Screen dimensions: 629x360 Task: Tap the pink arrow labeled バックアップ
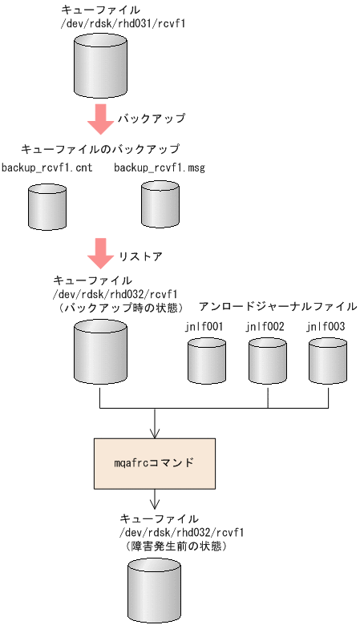click(100, 119)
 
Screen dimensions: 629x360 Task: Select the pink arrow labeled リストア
click(100, 253)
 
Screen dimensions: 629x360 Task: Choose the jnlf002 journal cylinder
click(268, 360)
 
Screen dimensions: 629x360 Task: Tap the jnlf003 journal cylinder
click(329, 360)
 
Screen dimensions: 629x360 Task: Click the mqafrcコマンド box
click(154, 464)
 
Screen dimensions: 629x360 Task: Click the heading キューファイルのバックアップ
click(99, 150)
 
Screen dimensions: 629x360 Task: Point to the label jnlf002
click(265, 326)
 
